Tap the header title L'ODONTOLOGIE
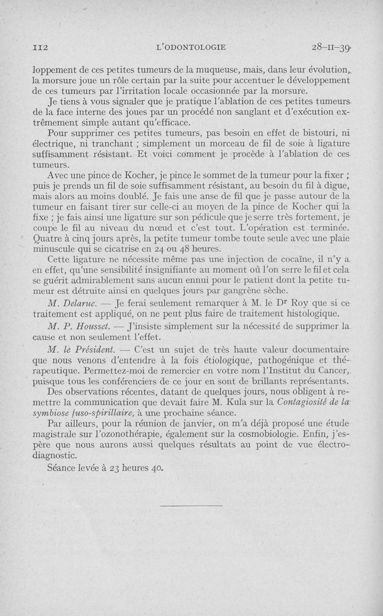coord(191,47)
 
